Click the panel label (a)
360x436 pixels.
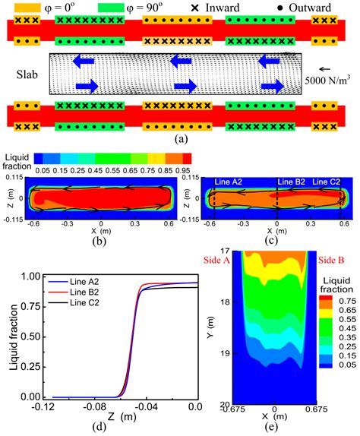click(x=180, y=138)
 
